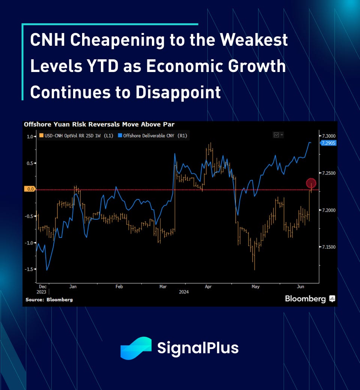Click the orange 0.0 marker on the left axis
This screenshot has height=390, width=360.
(29, 189)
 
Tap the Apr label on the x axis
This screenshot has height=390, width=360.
(208, 286)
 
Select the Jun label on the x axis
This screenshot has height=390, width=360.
(301, 286)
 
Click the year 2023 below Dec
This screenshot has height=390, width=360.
(42, 292)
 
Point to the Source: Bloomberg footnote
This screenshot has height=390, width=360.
(49, 300)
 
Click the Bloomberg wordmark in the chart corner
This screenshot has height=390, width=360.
(305, 299)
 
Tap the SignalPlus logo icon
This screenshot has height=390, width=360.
(136, 348)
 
